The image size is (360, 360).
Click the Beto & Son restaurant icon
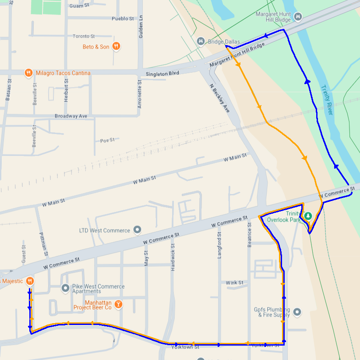(116, 46)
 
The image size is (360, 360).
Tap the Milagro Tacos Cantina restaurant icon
(28, 73)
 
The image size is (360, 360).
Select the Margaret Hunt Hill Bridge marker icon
(298, 17)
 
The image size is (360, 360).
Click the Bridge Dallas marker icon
(201, 41)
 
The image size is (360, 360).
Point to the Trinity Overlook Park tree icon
(308, 215)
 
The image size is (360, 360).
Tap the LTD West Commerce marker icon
(137, 229)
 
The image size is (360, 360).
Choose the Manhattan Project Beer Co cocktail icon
(118, 304)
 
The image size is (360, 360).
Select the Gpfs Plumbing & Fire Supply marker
(297, 312)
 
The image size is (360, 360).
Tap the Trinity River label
(327, 100)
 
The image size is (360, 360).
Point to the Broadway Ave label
(71, 116)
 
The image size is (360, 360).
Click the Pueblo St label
(123, 19)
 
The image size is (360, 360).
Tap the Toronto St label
(84, 36)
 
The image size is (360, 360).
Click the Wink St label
(235, 283)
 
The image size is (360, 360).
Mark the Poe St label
(107, 140)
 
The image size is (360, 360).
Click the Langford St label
(219, 245)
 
